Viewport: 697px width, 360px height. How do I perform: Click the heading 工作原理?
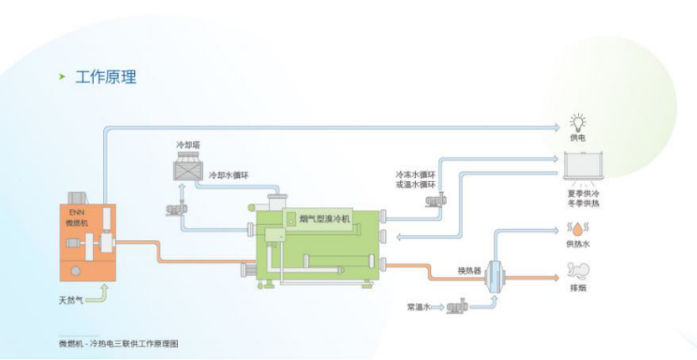point(106,77)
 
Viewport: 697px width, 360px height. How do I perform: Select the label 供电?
point(578,138)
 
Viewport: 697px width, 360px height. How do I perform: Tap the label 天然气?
point(70,300)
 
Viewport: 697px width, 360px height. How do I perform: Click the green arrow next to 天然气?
point(99,295)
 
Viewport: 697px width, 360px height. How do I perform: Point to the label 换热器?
point(469,270)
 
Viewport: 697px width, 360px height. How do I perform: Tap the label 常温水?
point(418,307)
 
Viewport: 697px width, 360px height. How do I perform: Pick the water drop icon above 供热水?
point(577,227)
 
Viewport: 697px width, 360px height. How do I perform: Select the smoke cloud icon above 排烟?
point(578,271)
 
